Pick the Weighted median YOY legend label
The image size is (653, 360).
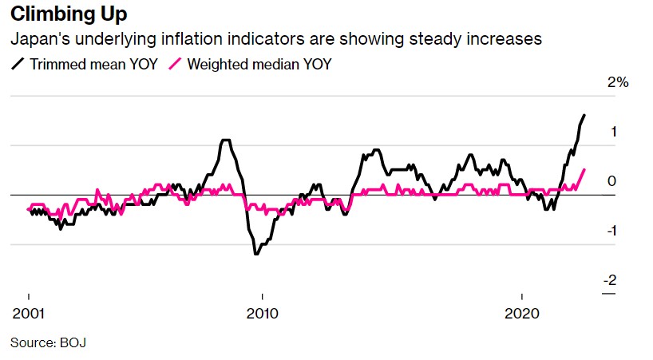(x=259, y=64)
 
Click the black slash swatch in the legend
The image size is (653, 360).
(x=17, y=64)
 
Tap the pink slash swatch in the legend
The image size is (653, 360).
(x=176, y=64)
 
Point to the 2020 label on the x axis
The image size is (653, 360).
(x=521, y=311)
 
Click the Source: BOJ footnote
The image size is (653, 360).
(x=48, y=343)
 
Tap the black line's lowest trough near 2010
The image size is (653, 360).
(x=256, y=254)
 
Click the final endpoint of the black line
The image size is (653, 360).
(x=584, y=116)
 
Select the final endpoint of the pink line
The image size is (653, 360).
(x=584, y=169)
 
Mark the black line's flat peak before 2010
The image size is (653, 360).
(x=226, y=140)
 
